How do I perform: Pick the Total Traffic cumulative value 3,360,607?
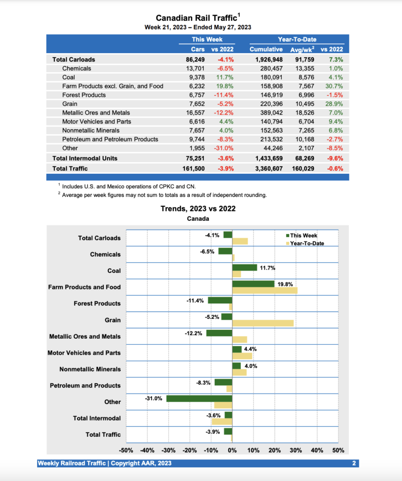pos(266,168)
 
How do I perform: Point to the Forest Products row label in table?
pos(84,95)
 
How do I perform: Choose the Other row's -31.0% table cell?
pos(224,148)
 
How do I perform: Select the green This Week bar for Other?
pos(199,398)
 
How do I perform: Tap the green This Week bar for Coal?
pos(244,267)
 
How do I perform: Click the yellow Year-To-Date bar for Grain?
pos(263,323)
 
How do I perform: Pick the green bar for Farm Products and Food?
pos(253,284)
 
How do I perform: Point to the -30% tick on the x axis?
pos(169,450)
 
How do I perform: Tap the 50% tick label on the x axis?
pos(338,450)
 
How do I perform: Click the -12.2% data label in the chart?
pos(194,333)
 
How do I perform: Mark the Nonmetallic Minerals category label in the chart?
pos(90,369)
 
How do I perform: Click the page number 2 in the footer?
pos(354,463)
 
